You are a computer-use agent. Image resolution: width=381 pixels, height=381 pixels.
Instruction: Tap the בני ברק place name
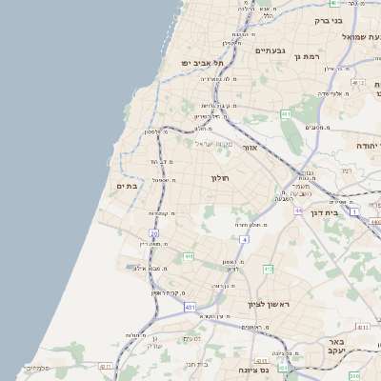point(328,19)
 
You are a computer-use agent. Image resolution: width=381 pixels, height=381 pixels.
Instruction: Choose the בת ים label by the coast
point(127,186)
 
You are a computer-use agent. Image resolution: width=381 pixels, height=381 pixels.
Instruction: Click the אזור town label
point(250,148)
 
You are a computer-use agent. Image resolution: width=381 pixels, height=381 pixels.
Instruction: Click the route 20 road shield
point(153,232)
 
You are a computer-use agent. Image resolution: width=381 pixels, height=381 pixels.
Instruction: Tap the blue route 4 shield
point(244,240)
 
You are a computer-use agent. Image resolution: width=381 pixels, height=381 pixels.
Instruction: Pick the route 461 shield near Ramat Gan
point(285,114)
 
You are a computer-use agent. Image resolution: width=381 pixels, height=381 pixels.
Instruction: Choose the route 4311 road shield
point(105,366)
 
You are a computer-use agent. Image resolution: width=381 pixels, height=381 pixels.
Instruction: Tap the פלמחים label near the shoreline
point(38,368)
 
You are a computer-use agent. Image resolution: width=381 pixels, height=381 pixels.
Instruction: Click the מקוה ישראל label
point(212,144)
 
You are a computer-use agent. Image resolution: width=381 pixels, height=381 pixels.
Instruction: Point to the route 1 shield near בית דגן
point(354,211)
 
